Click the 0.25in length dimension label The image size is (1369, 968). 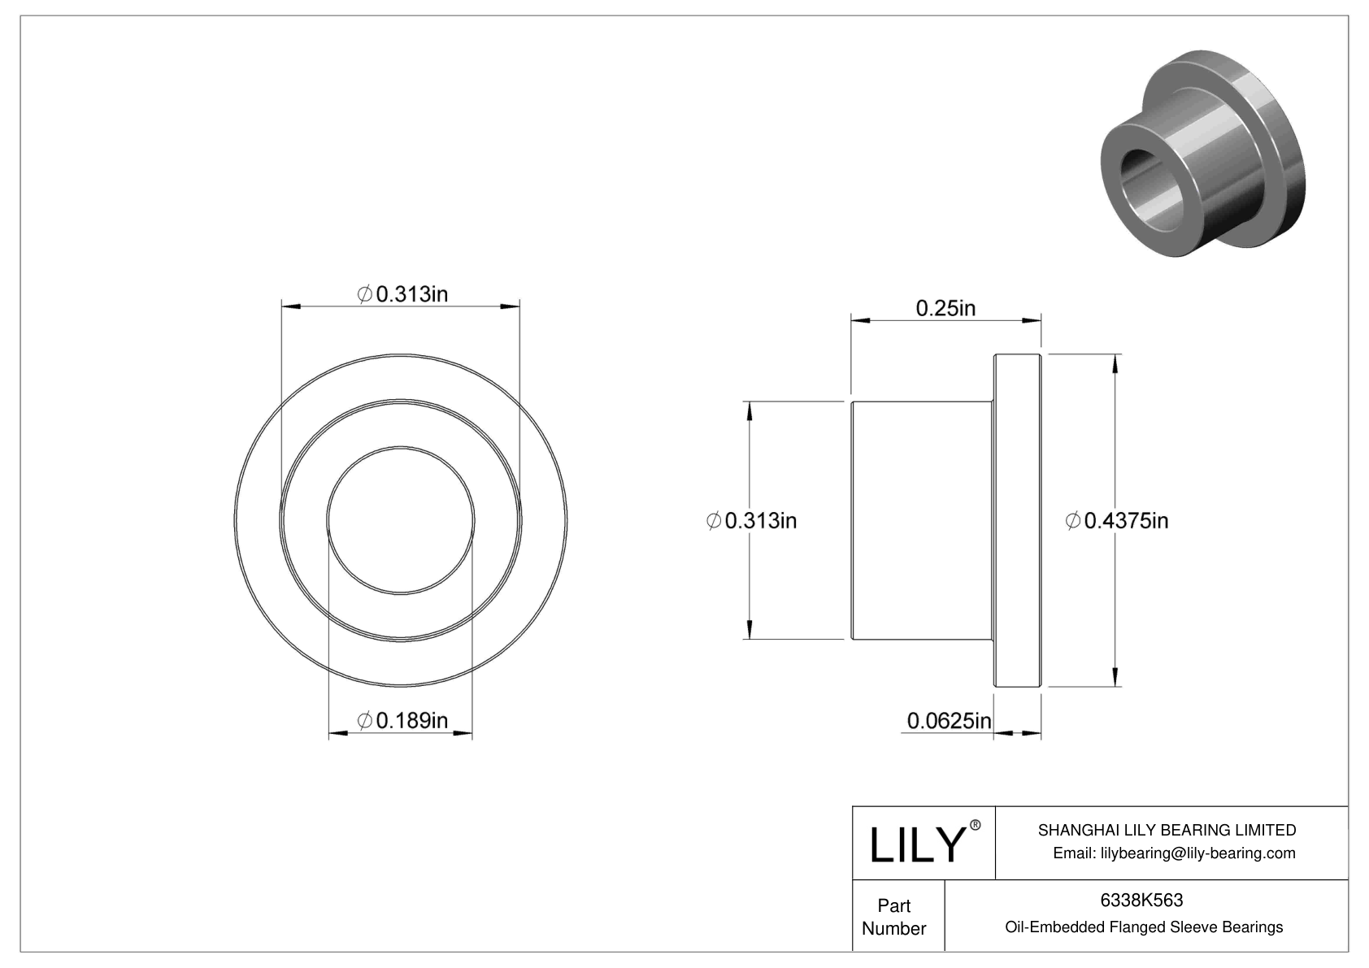tap(945, 308)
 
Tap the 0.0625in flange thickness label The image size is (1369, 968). tap(949, 720)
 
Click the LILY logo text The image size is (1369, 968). tap(916, 844)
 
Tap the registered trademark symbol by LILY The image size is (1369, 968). tap(976, 825)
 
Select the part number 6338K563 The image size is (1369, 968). tap(1141, 900)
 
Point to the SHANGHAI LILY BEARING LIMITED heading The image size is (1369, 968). tap(1167, 830)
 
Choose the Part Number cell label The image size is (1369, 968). tap(894, 917)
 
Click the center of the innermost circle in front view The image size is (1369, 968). tap(401, 520)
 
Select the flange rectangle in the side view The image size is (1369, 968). tap(1017, 520)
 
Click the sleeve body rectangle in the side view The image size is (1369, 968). tap(921, 520)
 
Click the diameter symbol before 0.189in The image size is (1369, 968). tap(365, 720)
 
